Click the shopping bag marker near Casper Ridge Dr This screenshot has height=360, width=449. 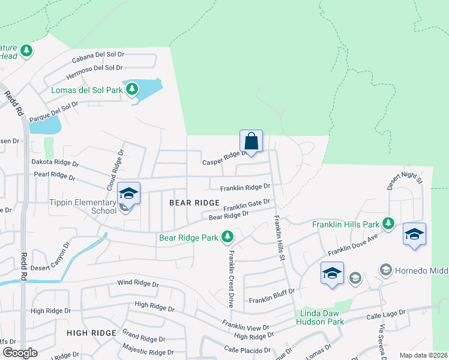[x=252, y=142]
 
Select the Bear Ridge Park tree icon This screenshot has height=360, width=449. [x=227, y=238]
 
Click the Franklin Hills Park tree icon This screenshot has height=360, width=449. [x=388, y=224]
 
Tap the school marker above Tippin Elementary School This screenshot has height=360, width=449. [x=128, y=193]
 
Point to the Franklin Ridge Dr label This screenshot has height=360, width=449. [x=245, y=187]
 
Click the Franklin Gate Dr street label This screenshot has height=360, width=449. [x=247, y=206]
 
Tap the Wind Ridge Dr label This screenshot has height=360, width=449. [x=137, y=283]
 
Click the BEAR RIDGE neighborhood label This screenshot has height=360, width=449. [x=194, y=203]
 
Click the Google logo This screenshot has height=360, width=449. [x=19, y=353]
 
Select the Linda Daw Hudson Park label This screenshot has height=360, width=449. [x=320, y=317]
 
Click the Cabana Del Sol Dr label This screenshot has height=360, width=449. [x=97, y=57]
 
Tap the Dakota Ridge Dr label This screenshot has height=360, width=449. [x=55, y=163]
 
